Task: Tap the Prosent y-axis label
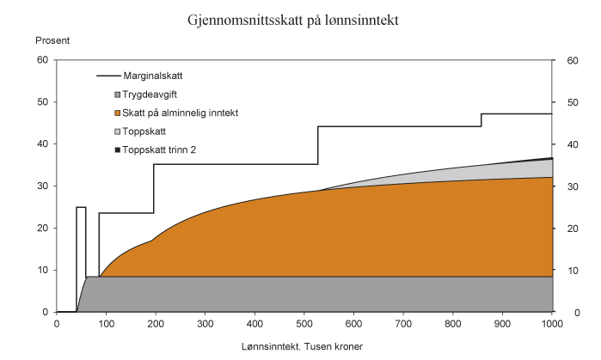pos(52,40)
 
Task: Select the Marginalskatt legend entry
pos(152,76)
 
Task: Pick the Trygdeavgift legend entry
pos(150,95)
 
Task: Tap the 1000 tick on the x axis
pos(551,323)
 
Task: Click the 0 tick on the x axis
pos(57,323)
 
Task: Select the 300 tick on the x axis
pos(205,323)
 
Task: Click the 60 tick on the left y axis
pos(41,60)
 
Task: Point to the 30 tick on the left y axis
pos(41,186)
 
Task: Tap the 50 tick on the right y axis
pos(570,102)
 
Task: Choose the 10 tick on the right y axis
pos(570,271)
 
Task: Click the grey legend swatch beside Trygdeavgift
pos(117,95)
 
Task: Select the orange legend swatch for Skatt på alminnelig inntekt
pos(117,113)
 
